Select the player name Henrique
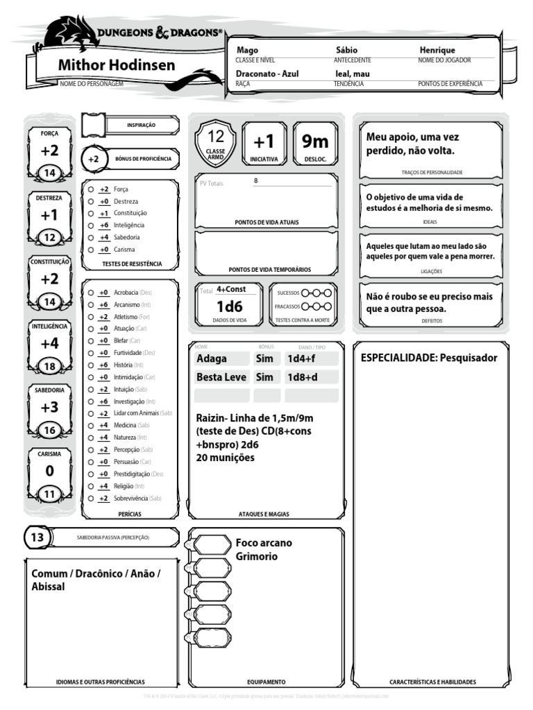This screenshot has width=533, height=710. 437,51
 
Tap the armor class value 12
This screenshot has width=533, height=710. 216,137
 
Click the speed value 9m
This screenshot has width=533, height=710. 314,141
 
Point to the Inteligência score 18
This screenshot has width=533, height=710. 50,367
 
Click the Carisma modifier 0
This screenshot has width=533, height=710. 49,471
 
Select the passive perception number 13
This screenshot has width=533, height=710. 37,537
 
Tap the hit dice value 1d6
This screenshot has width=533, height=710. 229,306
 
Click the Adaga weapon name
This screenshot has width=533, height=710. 212,358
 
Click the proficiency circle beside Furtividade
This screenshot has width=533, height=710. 91,353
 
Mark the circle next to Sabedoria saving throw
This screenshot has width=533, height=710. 91,237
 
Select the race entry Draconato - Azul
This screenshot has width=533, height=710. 267,73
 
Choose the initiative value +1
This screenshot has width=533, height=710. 264,141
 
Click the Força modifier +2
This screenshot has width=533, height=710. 50,150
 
